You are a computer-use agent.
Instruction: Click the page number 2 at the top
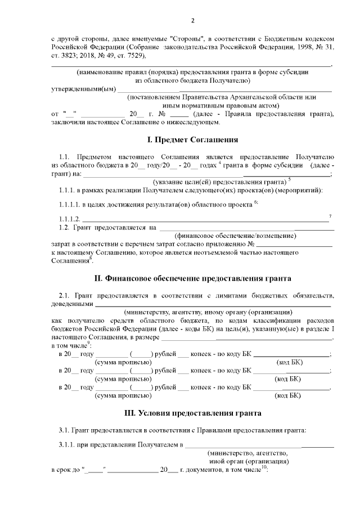coord(192,21)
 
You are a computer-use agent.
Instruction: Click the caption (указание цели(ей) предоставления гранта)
coord(219,182)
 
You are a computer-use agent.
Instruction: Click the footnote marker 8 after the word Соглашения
coord(91,258)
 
